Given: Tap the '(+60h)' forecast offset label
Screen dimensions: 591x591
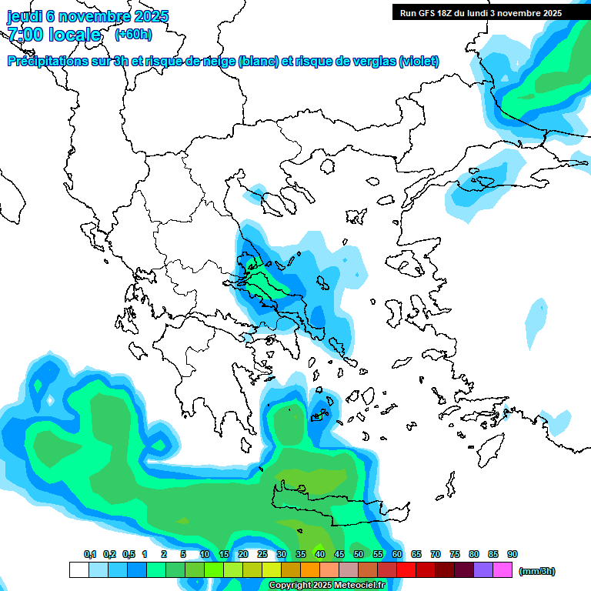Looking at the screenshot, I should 133,34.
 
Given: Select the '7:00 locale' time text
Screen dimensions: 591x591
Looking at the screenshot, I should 54,35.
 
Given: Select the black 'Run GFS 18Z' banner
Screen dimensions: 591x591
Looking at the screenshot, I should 481,12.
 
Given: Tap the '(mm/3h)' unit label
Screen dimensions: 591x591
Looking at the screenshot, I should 537,571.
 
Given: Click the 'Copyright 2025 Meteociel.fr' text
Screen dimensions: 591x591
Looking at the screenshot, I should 326,586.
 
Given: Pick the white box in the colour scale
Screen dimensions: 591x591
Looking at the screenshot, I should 78,570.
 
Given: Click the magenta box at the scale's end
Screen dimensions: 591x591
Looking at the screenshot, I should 503,570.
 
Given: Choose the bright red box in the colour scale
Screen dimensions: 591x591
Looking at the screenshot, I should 406,570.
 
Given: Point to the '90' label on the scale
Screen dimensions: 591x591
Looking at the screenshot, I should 513,554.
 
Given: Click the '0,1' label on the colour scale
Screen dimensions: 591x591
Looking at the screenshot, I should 90,554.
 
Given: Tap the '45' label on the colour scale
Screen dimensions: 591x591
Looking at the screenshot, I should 339,554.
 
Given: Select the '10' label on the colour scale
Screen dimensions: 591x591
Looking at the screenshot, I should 205,554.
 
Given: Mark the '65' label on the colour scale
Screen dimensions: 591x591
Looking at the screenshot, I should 416,554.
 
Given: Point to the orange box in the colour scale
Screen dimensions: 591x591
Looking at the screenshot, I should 310,570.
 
